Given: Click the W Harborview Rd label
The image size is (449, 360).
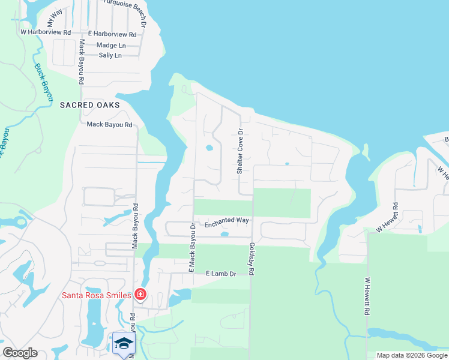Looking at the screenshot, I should [x=46, y=32].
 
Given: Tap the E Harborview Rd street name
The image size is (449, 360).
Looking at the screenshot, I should [x=112, y=35].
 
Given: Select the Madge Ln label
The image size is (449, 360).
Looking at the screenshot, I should [x=111, y=46].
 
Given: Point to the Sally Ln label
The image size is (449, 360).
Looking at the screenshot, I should [x=110, y=56].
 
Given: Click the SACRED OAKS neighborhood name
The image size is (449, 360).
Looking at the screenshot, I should [x=89, y=105].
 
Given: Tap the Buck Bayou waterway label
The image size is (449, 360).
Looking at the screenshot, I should [x=43, y=82].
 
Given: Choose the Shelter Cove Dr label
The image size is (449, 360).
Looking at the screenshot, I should [x=240, y=151].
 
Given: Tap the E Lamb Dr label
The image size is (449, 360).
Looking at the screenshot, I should [x=221, y=274].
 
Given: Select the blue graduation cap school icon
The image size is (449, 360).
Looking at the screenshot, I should [x=124, y=343].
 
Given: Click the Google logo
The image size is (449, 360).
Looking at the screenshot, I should [x=20, y=353].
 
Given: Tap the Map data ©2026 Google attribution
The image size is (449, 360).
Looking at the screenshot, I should [x=411, y=355].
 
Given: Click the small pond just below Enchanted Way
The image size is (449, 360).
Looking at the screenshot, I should [x=224, y=235].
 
